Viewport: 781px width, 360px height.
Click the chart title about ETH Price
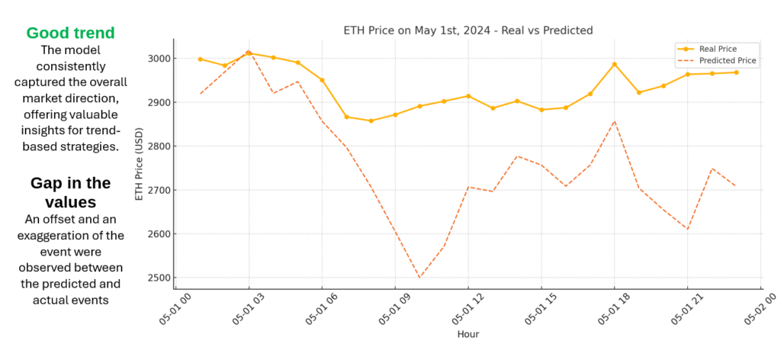point(468,31)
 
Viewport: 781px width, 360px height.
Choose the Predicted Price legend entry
point(727,60)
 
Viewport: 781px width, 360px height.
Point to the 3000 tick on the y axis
point(159,59)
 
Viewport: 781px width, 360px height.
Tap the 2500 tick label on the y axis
point(159,278)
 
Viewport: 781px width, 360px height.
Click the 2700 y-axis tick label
point(159,190)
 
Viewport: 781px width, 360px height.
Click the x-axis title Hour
point(468,334)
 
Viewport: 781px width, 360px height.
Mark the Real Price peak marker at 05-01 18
point(615,64)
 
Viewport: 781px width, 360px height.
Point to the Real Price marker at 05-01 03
point(249,53)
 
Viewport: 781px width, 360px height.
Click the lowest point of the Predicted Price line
point(419,278)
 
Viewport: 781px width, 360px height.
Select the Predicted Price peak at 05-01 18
point(615,121)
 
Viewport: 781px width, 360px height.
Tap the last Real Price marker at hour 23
point(736,72)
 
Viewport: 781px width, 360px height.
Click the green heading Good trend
point(71,33)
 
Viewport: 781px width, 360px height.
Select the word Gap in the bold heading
point(47,183)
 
